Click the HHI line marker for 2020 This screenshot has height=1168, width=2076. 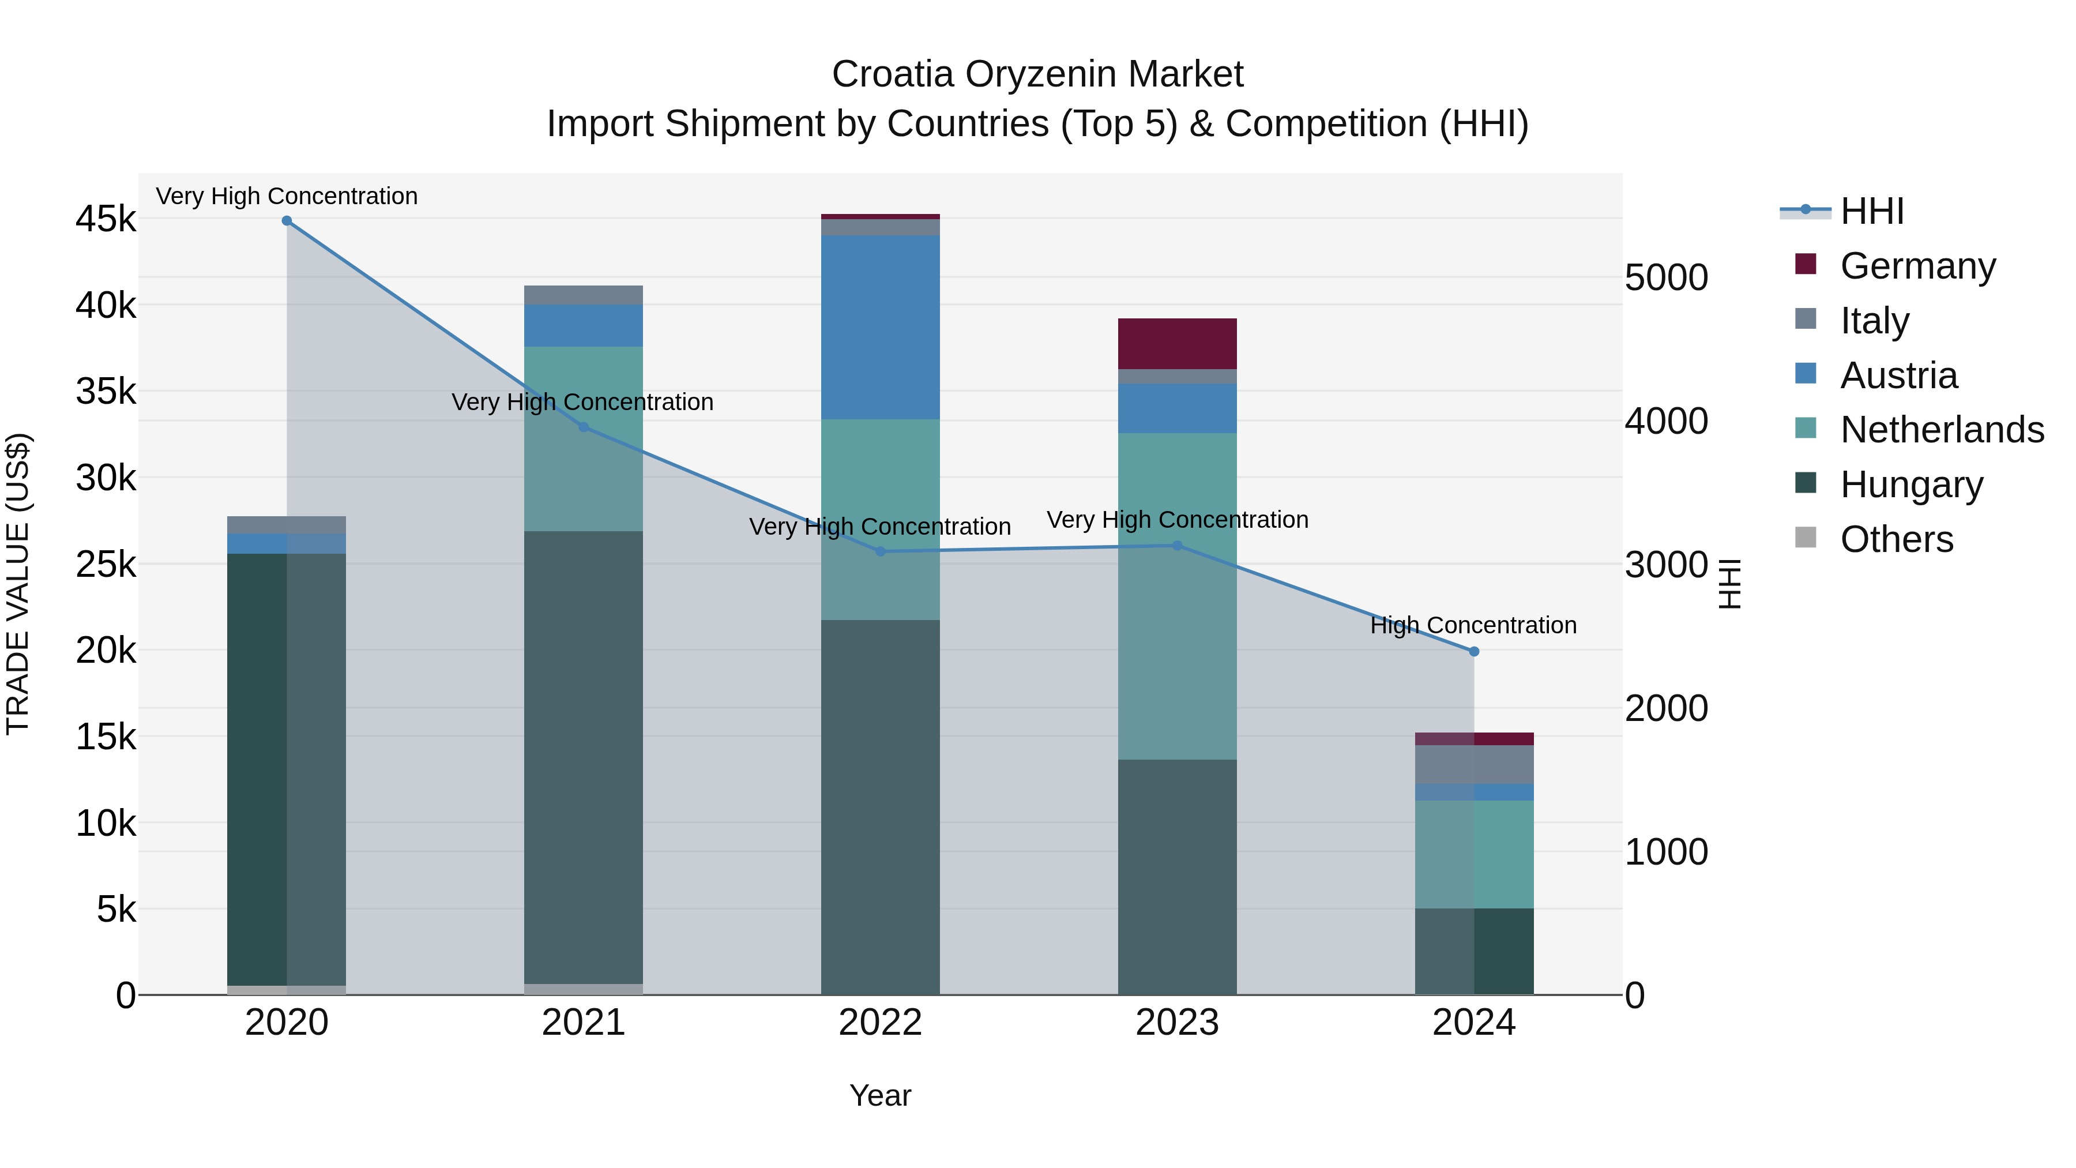coord(287,221)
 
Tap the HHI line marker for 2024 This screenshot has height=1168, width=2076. coord(1474,651)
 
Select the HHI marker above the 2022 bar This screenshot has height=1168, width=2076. coord(880,551)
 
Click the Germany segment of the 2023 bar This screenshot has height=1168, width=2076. coord(1176,343)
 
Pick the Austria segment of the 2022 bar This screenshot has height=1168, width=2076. coord(880,326)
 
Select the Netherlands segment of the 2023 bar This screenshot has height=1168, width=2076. coord(1176,596)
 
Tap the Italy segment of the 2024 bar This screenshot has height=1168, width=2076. coord(1474,764)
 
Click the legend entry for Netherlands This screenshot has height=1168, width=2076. coord(1942,430)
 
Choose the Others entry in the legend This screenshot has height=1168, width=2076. coord(1896,539)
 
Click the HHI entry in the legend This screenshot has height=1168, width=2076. coord(1872,211)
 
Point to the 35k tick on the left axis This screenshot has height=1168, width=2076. coord(106,392)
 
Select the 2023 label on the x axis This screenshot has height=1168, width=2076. coord(1176,1023)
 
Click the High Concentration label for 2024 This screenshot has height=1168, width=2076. coord(1473,625)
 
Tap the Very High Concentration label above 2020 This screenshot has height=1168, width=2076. coord(287,196)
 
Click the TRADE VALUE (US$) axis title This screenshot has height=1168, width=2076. coord(18,584)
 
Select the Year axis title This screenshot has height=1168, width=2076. coord(880,1095)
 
